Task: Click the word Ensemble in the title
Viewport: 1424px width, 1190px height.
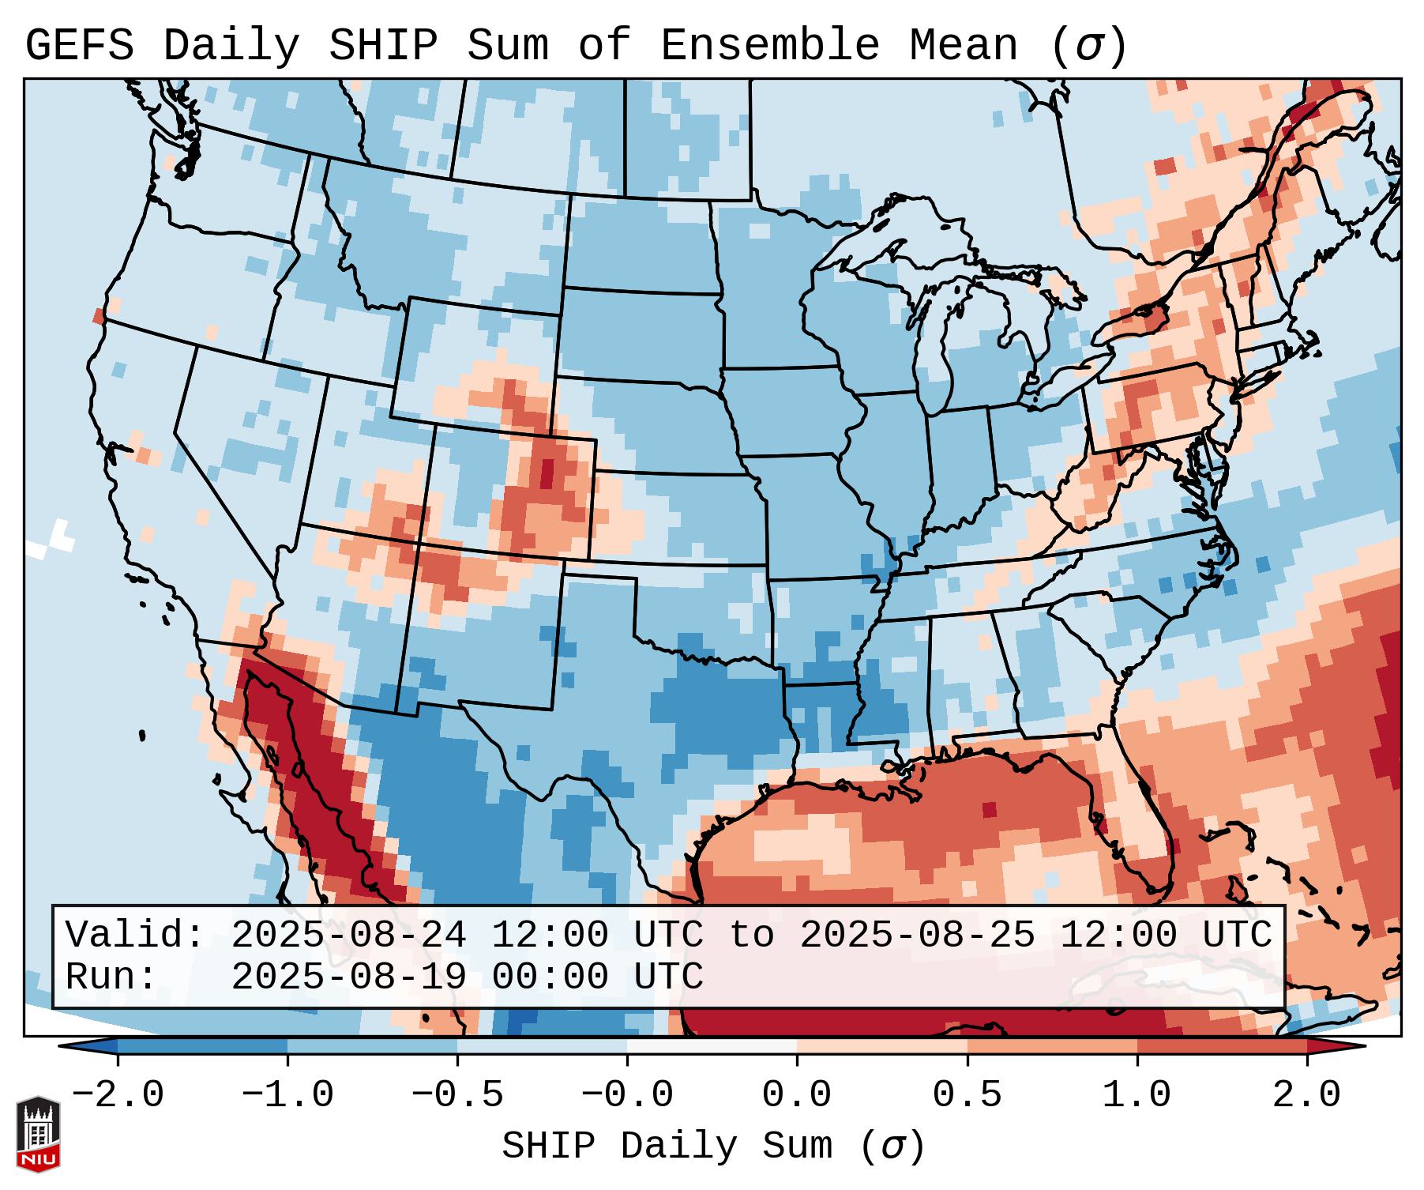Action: (769, 46)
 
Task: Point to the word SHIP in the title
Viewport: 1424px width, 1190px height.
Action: (382, 46)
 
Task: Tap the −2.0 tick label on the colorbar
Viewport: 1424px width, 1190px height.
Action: (118, 1095)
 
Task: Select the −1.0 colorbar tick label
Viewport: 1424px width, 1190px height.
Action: (287, 1095)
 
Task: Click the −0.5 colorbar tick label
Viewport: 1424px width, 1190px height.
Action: (457, 1095)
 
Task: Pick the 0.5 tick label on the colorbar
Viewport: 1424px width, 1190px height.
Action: (967, 1095)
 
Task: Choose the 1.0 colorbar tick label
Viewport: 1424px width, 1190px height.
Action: (1137, 1095)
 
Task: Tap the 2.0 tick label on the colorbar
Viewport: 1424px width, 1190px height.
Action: (1306, 1095)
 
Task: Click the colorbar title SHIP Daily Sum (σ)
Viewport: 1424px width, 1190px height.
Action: (712, 1146)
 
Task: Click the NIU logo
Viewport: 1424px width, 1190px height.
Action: (38, 1134)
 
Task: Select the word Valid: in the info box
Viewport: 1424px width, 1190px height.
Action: (135, 936)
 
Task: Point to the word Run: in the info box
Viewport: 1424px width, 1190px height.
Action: (111, 977)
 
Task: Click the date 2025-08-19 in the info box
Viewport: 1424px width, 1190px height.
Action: (348, 977)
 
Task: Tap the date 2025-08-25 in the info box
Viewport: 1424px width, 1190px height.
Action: (917, 936)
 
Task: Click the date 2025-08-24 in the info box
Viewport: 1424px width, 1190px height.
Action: (348, 936)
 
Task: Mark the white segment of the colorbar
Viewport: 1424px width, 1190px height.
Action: (712, 1046)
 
